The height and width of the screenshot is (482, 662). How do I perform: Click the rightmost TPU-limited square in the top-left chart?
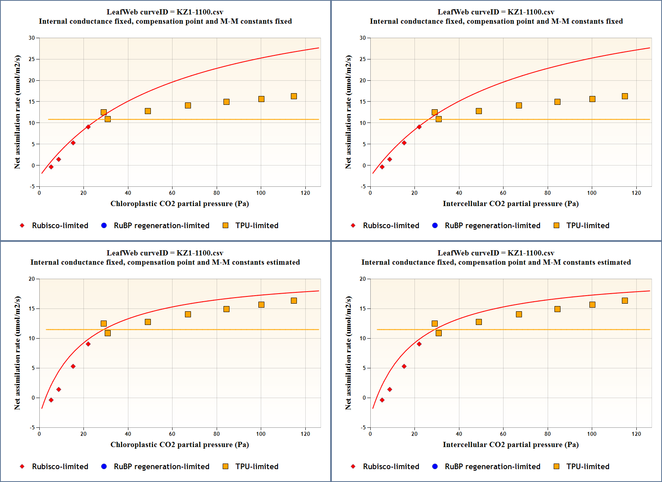tap(294, 96)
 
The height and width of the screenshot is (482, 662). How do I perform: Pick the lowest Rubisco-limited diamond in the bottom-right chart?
tap(382, 400)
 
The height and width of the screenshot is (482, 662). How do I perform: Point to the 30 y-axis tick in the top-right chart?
tap(363, 38)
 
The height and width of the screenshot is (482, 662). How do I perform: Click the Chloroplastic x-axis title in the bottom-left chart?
tap(179, 445)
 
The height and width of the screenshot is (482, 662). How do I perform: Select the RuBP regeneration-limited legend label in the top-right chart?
tap(492, 225)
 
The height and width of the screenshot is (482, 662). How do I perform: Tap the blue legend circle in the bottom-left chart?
tap(104, 466)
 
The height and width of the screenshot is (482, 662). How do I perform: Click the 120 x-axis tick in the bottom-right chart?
tap(636, 434)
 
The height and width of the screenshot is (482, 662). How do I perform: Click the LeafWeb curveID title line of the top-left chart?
tap(165, 12)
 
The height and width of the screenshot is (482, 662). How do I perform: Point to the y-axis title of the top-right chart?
tap(348, 112)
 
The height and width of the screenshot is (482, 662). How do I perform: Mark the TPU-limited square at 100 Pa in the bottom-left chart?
tap(261, 304)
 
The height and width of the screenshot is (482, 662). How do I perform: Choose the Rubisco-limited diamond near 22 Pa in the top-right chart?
tap(419, 127)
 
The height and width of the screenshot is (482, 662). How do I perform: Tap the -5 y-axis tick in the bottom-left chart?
tap(32, 427)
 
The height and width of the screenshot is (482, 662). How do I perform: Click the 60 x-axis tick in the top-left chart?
tap(172, 193)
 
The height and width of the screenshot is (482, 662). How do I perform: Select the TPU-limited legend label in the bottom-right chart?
tap(588, 466)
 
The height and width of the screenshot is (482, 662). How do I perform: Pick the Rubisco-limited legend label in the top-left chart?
tap(60, 225)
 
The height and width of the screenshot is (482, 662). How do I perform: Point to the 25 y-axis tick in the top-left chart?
tap(32, 59)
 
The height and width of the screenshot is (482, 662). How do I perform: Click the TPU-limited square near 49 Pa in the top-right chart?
tap(479, 111)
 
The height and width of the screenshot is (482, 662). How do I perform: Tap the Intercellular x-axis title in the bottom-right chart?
tap(510, 445)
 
